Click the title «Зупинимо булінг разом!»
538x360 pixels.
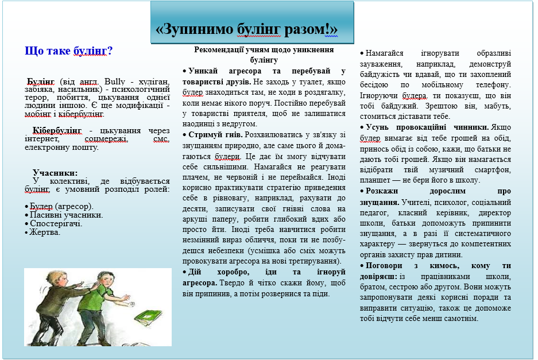tap(247, 29)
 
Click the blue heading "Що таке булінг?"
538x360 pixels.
tap(69, 51)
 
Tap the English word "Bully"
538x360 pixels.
tap(115, 82)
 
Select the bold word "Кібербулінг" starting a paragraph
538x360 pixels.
tap(57, 131)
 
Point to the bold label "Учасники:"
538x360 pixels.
tap(55, 173)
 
